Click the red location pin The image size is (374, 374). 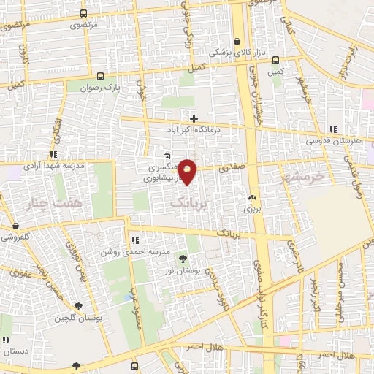pos(188,171)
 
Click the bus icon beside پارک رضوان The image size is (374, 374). pos(100,75)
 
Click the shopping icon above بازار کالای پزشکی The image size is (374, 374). pos(237,42)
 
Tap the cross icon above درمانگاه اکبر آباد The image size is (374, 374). pos(194,118)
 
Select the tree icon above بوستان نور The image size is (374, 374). pos(182,259)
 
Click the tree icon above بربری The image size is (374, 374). pos(253,197)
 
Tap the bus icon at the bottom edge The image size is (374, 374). pos(135,366)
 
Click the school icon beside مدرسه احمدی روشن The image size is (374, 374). pos(135,240)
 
